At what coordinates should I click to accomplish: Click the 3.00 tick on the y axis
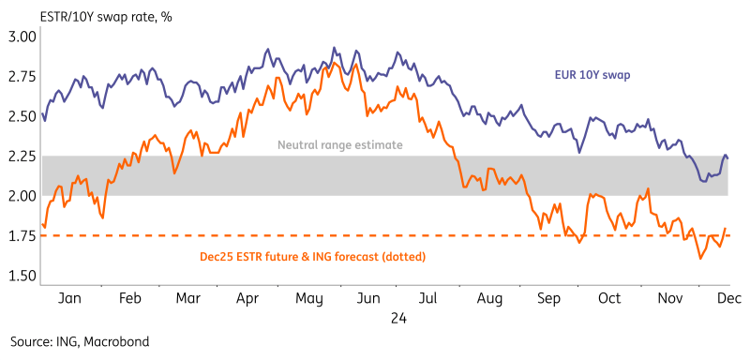click(x=22, y=37)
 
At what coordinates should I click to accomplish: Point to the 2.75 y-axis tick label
click(x=22, y=76)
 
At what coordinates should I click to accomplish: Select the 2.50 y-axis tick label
click(x=22, y=116)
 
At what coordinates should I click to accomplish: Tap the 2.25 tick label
click(x=22, y=156)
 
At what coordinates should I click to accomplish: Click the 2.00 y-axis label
click(x=22, y=196)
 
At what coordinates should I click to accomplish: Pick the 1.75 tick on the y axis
click(x=22, y=235)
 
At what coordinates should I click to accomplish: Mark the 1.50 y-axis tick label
click(x=22, y=276)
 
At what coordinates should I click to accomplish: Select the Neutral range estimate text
click(x=339, y=145)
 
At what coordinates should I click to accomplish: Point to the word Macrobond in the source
click(x=116, y=341)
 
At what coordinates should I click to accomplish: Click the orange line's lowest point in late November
click(x=701, y=258)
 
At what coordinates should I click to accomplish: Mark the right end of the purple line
click(x=728, y=157)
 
